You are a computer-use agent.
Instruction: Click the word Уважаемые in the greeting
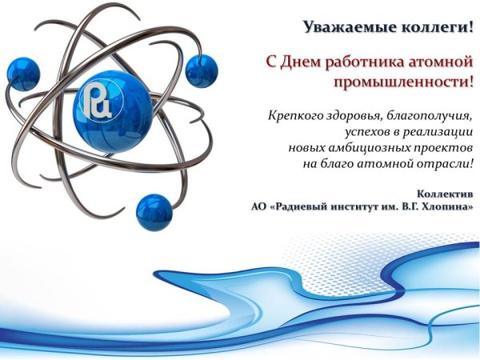pyautogui.click(x=343, y=27)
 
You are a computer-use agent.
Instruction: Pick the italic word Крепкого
pyautogui.click(x=293, y=116)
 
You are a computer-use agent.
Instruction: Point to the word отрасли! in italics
pyautogui.click(x=447, y=164)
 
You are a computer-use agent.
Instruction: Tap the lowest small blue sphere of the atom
pyautogui.click(x=154, y=213)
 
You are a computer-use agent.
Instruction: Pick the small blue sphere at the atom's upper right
pyautogui.click(x=202, y=70)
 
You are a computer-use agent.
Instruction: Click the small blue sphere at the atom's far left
pyautogui.click(x=23, y=74)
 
